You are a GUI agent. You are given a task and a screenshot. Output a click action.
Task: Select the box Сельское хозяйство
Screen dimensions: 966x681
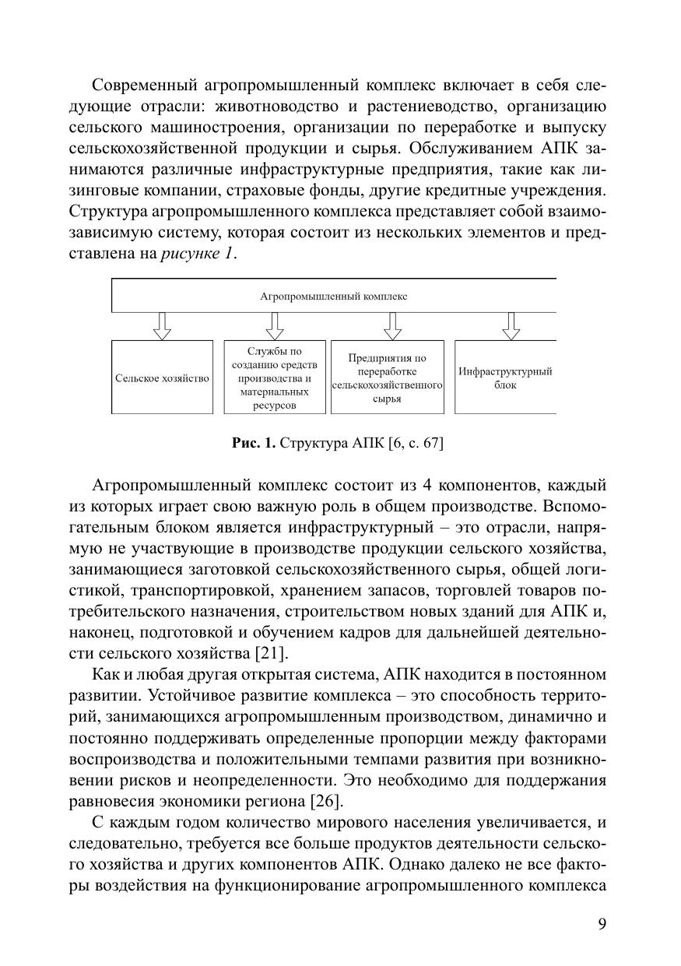tap(162, 378)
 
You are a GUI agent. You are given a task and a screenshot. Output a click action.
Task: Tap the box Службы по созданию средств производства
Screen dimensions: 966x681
tap(274, 378)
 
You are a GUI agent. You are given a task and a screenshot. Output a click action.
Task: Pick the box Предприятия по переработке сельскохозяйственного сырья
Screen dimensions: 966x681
tap(387, 378)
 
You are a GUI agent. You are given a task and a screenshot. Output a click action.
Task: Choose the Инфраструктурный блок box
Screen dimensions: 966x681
tap(505, 378)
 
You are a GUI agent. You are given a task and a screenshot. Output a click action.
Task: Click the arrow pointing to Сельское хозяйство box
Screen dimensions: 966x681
tap(162, 326)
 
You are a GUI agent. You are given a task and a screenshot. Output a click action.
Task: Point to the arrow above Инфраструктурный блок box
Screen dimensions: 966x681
tap(511, 326)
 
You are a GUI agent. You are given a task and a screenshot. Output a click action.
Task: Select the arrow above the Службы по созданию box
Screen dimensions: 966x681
tap(274, 326)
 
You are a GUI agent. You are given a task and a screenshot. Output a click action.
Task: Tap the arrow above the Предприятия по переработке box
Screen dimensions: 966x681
tap(392, 326)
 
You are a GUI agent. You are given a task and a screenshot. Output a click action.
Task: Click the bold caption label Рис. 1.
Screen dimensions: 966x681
tap(254, 444)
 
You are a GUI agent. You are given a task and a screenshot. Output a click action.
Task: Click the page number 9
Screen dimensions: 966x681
tap(602, 924)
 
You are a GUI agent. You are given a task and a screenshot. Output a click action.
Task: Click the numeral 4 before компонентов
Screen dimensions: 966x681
tap(427, 487)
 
